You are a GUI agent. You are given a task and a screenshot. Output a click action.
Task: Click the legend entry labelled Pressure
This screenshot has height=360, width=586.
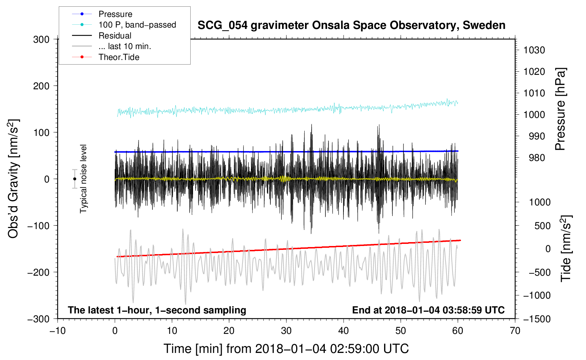[x=115, y=14]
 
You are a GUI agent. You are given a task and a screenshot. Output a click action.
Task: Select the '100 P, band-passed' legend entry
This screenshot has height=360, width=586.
[x=137, y=25]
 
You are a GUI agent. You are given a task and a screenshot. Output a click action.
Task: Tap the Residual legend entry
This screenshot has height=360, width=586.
[x=115, y=36]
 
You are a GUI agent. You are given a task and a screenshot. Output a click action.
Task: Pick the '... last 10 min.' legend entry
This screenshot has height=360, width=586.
[x=125, y=46]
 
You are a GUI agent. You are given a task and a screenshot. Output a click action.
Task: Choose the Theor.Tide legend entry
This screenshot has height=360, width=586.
[x=119, y=57]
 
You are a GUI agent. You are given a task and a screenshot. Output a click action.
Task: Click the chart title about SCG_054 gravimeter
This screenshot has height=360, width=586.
[x=351, y=25]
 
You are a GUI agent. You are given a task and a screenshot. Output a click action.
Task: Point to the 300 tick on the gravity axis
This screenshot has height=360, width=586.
[x=41, y=40]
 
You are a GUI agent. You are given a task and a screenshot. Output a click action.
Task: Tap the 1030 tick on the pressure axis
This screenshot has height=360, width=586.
[x=534, y=50]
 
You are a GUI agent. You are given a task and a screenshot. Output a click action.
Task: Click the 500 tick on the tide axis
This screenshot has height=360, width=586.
[x=542, y=226]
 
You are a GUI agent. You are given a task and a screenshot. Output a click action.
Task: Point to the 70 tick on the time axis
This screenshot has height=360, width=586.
[x=515, y=331]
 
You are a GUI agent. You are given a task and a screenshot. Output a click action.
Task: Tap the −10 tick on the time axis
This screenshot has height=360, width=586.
[x=58, y=331]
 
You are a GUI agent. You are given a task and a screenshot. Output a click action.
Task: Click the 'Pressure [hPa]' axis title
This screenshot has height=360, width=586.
[x=560, y=109]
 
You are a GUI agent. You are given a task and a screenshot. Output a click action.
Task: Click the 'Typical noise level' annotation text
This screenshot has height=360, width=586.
[x=83, y=179]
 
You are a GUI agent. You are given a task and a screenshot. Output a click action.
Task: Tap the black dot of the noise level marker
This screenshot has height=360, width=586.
[x=75, y=179]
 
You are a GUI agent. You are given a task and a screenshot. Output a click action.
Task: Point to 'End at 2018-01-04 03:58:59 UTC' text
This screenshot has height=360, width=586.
[x=428, y=310]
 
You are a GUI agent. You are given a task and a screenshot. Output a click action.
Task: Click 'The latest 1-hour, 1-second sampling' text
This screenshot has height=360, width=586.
[x=157, y=310]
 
